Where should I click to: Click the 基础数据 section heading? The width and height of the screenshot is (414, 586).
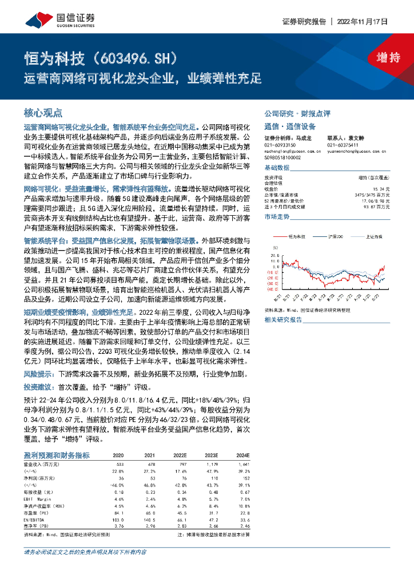coord(277,168)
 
